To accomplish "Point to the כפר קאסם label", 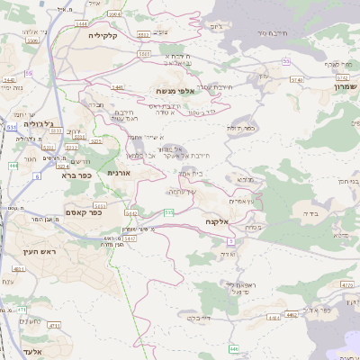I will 84,212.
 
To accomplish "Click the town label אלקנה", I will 218,220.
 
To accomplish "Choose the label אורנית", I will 120,172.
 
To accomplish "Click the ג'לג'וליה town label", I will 61,124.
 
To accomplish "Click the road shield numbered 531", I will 12,128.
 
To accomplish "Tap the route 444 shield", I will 13,166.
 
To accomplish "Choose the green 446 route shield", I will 233,348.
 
